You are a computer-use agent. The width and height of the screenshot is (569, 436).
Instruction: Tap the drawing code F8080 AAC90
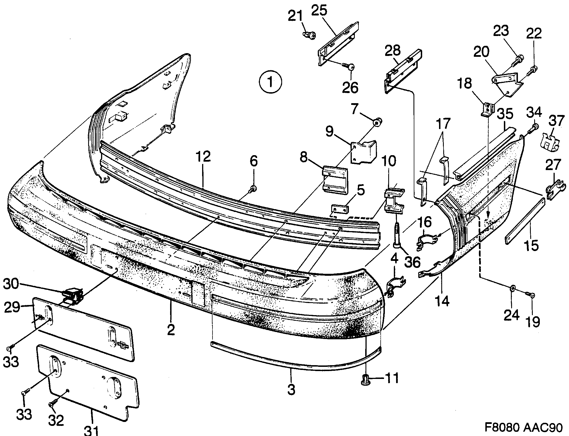pos(523,428)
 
